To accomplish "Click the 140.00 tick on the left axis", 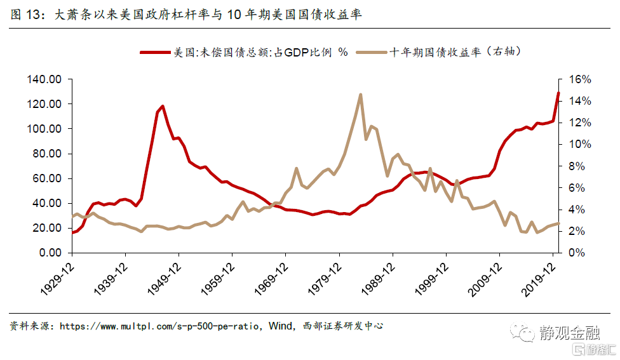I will pos(44,79).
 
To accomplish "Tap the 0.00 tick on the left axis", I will pos(50,253).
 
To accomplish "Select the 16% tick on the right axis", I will pos(579,79).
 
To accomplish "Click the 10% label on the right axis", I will pos(579,145).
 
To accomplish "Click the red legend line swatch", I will pos(156,53).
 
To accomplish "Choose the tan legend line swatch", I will pos(371,53).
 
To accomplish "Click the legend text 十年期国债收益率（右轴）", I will pos(457,53).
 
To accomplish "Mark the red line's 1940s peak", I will pos(163,106).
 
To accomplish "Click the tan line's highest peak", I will pos(360,95).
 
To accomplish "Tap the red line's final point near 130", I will pos(558,93).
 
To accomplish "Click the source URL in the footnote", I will pos(159,326).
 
